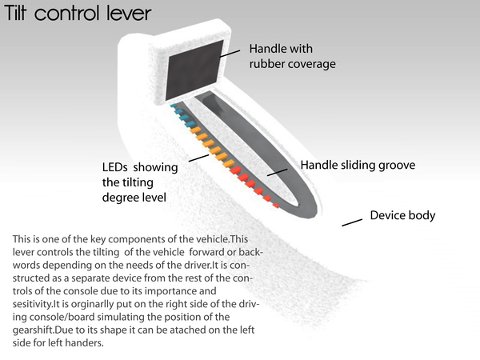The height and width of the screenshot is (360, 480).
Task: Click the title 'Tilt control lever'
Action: pos(78,14)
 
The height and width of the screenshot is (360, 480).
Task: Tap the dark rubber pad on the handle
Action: pos(195,70)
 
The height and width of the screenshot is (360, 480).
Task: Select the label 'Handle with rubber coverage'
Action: pos(292,56)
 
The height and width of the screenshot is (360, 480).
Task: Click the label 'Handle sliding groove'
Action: pos(358,165)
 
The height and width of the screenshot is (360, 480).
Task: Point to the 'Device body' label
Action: pos(402,215)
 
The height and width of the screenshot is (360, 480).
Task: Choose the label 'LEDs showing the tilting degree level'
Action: pos(140,182)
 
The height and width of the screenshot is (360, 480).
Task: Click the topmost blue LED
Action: pos(174,106)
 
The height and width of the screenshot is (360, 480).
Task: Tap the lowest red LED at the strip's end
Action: pos(276,206)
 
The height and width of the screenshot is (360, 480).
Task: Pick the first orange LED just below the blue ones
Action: pos(195,130)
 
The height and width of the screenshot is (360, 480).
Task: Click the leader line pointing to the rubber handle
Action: pos(230,54)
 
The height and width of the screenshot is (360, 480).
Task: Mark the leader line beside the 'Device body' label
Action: pos(352,222)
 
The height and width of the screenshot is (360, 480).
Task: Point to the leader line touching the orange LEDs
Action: pos(198,158)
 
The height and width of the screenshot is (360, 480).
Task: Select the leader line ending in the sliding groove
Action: pos(278,172)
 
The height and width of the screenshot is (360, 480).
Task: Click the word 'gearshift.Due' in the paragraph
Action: pos(37,330)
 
